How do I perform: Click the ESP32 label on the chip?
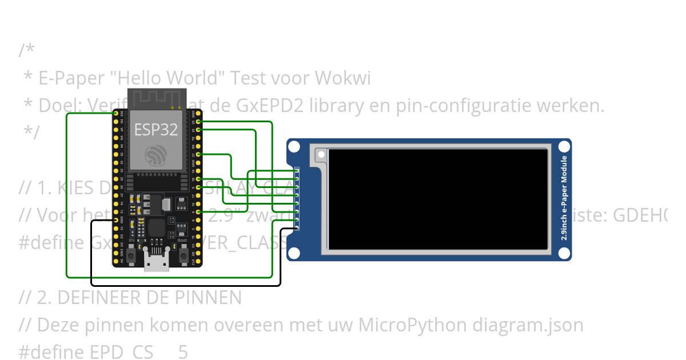pyautogui.click(x=156, y=129)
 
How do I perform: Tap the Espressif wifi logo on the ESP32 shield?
pyautogui.click(x=156, y=155)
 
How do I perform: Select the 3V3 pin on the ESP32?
pyautogui.click(x=116, y=114)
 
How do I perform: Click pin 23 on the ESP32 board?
pyautogui.click(x=198, y=122)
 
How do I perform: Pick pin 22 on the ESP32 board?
pyautogui.click(x=198, y=130)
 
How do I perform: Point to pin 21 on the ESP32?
pyautogui.click(x=198, y=154)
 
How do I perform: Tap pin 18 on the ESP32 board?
pyautogui.click(x=198, y=179)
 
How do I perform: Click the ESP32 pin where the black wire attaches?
pyautogui.click(x=116, y=220)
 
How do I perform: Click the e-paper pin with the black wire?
pyautogui.click(x=297, y=227)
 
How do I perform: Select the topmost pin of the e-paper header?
pyautogui.click(x=297, y=171)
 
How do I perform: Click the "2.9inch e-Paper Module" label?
pyautogui.click(x=564, y=198)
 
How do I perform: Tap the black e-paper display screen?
pyautogui.click(x=438, y=199)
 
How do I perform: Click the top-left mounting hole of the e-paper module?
pyautogui.click(x=294, y=147)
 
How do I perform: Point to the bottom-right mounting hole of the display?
pyautogui.click(x=564, y=253)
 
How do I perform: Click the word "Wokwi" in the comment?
pyautogui.click(x=344, y=78)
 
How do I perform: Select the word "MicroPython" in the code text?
pyautogui.click(x=412, y=325)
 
